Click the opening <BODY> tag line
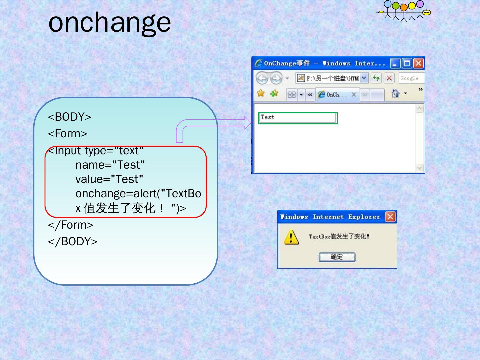point(70,117)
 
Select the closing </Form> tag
point(71,225)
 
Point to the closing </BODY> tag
point(73,242)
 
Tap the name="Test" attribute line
point(110,165)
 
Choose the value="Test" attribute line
point(109,179)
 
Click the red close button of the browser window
point(418,63)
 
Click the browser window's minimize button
point(395,63)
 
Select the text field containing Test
point(298,118)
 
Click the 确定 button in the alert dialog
point(337,257)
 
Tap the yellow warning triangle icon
point(291,237)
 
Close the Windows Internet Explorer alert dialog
point(390,217)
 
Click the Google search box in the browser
point(411,78)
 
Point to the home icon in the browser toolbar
point(395,94)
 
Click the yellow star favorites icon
point(261,93)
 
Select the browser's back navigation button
point(262,78)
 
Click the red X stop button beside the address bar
point(389,78)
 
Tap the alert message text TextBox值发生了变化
point(339,237)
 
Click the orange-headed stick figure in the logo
point(404,12)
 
